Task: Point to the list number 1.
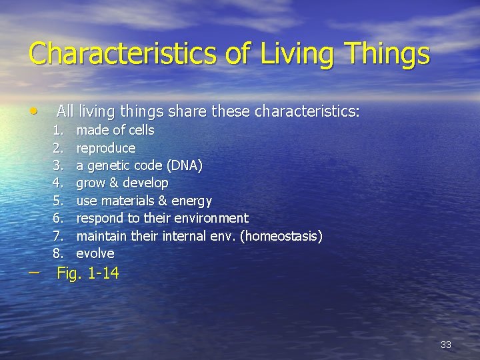(x=59, y=130)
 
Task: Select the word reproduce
(x=105, y=148)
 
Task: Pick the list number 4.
(x=59, y=183)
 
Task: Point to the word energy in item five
(x=191, y=201)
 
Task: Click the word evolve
(x=95, y=253)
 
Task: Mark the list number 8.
(x=59, y=253)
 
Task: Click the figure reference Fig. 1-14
(x=88, y=273)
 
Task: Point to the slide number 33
(x=446, y=345)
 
